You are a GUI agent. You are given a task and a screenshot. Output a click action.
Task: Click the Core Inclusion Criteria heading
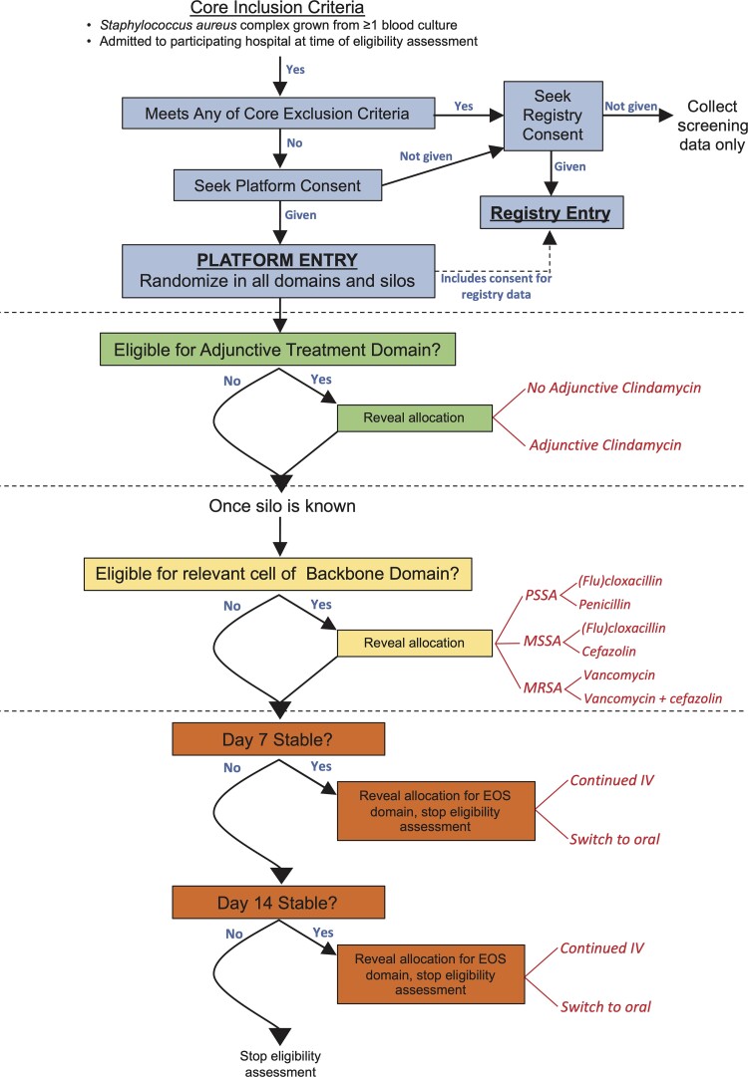click(277, 8)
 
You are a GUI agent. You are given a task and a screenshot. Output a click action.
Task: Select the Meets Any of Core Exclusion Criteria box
click(278, 114)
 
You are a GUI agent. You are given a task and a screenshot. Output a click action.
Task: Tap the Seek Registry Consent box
click(554, 116)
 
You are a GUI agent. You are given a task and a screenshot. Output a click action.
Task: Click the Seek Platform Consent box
click(277, 185)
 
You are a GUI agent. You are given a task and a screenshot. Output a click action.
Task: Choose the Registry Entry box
click(552, 213)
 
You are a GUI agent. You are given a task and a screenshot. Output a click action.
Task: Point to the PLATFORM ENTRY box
click(278, 271)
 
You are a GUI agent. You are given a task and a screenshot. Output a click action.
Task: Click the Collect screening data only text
click(712, 126)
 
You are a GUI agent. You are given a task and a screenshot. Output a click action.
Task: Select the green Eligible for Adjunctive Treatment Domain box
click(277, 350)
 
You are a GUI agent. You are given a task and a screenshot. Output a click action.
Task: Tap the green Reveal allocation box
click(415, 417)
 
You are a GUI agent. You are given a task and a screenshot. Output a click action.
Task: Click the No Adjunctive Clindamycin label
click(614, 388)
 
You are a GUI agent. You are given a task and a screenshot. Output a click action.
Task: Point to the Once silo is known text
click(282, 506)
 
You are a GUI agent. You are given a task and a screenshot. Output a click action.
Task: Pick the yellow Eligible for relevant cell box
click(277, 574)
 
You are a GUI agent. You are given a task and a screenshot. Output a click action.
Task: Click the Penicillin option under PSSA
click(604, 605)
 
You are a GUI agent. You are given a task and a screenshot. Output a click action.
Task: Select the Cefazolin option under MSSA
click(608, 652)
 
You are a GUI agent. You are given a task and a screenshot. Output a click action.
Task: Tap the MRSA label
click(543, 687)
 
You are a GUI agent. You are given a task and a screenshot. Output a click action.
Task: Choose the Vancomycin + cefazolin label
click(652, 698)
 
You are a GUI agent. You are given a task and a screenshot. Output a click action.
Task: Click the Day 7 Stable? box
click(278, 739)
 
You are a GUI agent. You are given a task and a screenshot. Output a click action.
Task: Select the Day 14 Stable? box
click(278, 903)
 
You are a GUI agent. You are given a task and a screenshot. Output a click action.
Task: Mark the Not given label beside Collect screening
click(630, 106)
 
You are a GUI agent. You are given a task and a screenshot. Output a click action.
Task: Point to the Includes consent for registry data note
click(496, 286)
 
